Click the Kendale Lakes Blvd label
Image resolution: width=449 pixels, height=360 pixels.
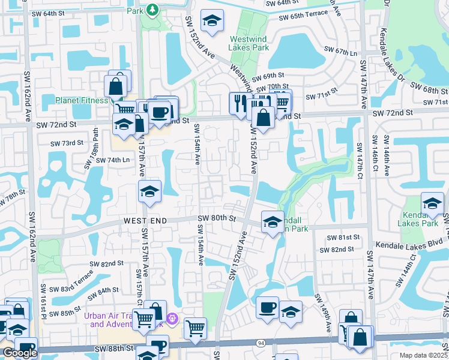pos(408,245)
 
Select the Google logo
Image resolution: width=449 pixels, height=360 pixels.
pos(20,353)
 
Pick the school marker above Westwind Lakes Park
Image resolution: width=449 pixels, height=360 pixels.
pos(212,21)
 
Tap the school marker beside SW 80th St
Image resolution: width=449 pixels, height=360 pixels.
pos(272,222)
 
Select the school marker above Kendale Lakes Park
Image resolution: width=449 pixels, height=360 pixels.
pos(432,203)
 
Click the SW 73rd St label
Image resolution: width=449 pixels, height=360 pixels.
pos(66,143)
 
